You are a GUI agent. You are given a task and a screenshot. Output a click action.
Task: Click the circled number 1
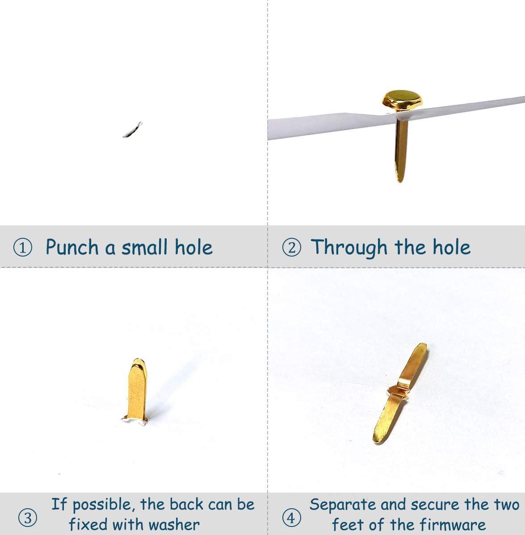[22, 248]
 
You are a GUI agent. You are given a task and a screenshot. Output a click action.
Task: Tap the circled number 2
[292, 248]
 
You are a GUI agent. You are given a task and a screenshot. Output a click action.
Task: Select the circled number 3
[28, 518]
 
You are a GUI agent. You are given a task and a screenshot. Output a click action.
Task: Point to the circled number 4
[291, 518]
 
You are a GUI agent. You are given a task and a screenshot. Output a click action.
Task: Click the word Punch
[72, 247]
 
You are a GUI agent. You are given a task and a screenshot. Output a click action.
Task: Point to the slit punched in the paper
[132, 129]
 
